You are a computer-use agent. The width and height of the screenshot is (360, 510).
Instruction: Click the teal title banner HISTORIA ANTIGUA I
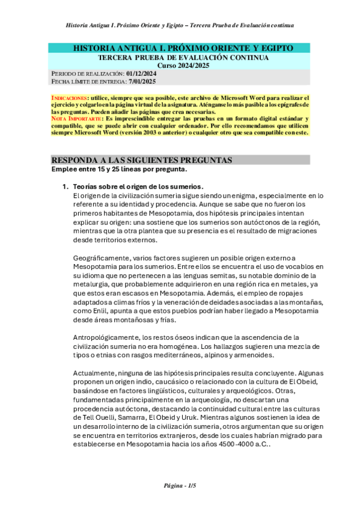[180, 48]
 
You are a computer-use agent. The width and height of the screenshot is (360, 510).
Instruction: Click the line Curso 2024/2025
[180, 65]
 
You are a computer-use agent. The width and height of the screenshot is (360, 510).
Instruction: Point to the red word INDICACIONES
[69, 97]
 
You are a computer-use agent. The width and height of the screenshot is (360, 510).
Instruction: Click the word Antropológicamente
[110, 337]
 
